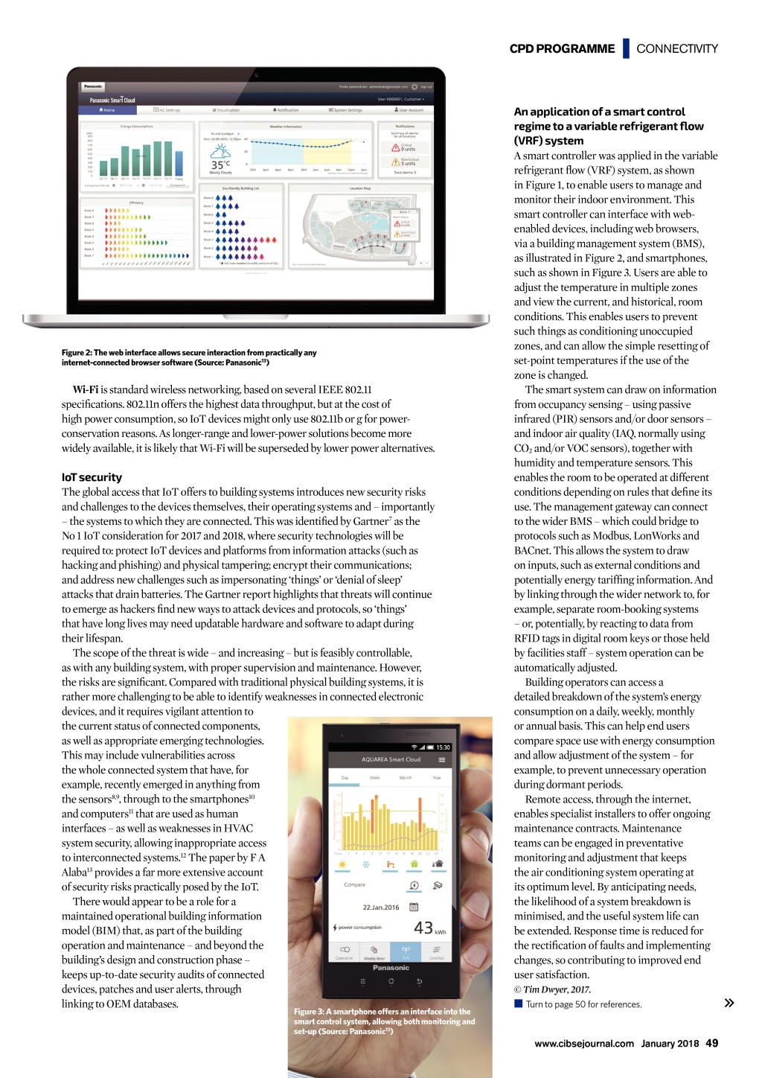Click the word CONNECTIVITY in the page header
(676, 48)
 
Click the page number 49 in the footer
(712, 1043)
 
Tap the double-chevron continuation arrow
(729, 1003)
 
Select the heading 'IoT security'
(92, 477)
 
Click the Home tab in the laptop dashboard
(107, 110)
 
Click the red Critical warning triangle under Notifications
(396, 147)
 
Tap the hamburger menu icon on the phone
(442, 759)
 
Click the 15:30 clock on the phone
(443, 747)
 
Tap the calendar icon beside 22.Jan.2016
(414, 907)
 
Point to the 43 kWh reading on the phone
(424, 927)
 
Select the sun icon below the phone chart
(342, 864)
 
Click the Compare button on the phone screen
(355, 884)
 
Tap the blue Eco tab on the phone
(406, 951)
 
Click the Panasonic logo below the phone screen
(391, 968)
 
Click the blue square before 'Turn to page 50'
(518, 1004)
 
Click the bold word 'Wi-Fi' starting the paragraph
(86, 389)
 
